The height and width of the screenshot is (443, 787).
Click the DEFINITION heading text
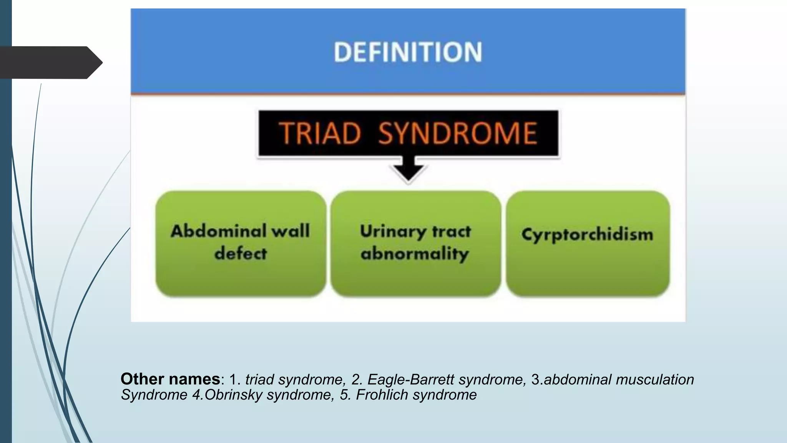[x=408, y=52]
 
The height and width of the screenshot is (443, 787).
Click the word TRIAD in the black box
[x=320, y=133]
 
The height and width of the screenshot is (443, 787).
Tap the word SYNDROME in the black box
[x=457, y=133]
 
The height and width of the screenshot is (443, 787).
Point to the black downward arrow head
[x=408, y=173]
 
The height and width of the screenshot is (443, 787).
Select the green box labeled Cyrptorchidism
[x=588, y=243]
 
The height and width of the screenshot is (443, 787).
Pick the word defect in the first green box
[x=241, y=253]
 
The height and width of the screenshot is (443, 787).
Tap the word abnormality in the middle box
[x=415, y=254]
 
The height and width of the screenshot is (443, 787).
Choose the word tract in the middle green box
[x=451, y=231]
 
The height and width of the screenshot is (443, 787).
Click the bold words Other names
[x=170, y=379]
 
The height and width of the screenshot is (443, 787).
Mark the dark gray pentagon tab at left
[x=50, y=62]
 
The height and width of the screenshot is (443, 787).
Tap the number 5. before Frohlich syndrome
[x=344, y=395]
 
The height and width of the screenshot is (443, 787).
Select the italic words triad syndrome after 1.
[x=294, y=380]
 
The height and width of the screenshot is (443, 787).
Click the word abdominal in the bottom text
[x=578, y=380]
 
